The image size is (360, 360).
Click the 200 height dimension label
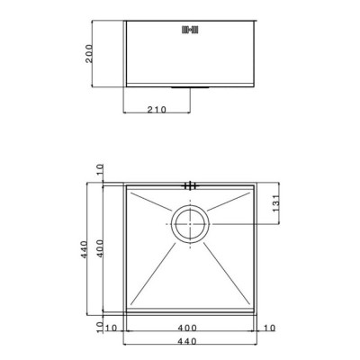(x=89, y=54)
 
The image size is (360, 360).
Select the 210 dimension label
(x=157, y=110)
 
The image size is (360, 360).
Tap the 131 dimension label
(x=276, y=203)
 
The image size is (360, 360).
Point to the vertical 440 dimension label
(x=84, y=249)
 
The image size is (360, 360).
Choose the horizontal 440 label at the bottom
(x=187, y=341)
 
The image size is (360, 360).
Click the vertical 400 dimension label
(x=100, y=248)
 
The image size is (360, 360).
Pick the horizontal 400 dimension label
(x=187, y=328)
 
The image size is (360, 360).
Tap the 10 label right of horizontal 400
(x=269, y=328)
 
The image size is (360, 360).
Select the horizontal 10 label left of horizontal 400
(x=111, y=328)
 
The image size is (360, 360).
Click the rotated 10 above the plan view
(x=100, y=170)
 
